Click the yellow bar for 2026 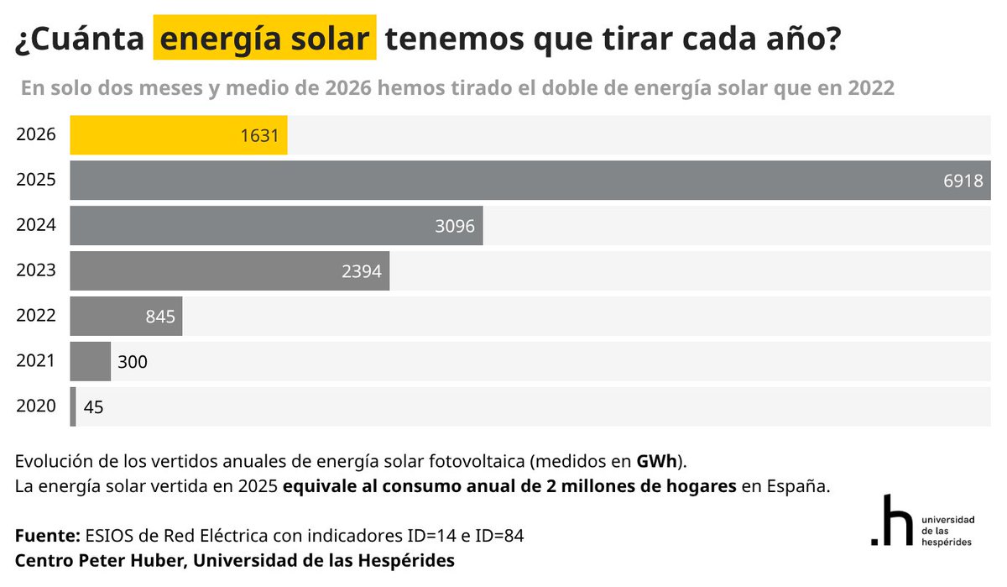click(178, 135)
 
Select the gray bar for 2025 click(503, 181)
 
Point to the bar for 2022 click(126, 317)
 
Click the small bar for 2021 click(90, 362)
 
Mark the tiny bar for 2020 click(73, 407)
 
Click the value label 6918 click(963, 181)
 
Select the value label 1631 click(258, 135)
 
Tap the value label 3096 click(455, 226)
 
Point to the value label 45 click(93, 407)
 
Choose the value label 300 click(133, 362)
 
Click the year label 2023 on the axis click(36, 271)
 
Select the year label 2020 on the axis click(36, 407)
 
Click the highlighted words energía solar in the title click(264, 39)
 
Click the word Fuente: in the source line click(47, 535)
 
